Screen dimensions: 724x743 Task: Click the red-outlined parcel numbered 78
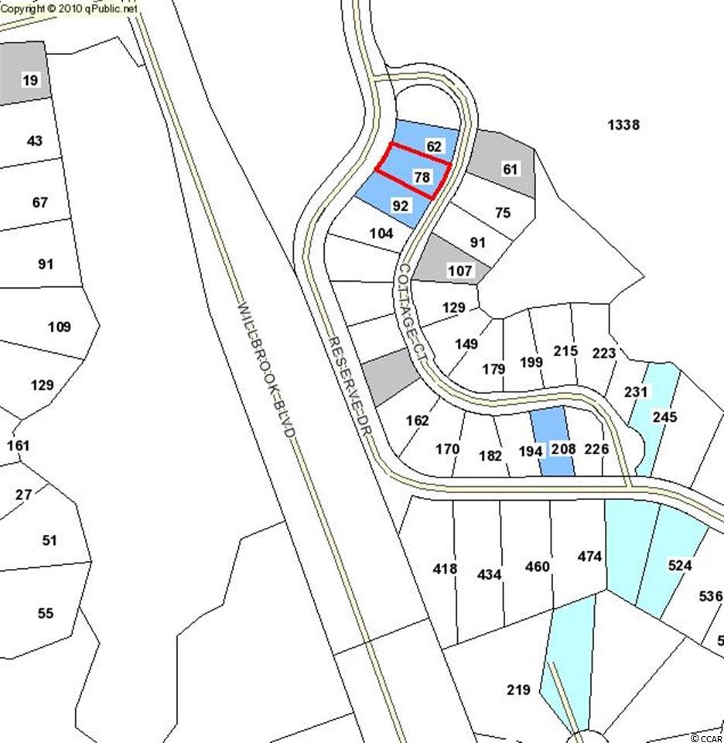point(412,170)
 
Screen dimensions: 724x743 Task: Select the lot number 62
point(434,146)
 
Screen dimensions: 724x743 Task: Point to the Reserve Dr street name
point(350,388)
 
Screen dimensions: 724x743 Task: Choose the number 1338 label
point(623,125)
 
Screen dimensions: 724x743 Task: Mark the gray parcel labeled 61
point(503,164)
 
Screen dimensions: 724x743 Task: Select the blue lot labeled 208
point(552,440)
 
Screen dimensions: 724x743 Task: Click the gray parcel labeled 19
point(25,73)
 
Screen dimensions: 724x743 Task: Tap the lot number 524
point(680,565)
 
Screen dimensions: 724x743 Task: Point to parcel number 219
point(518,690)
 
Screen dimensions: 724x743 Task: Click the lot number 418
point(445,568)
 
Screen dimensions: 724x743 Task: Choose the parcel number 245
point(664,417)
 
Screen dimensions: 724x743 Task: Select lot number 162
point(417,420)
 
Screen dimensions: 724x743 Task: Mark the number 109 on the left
point(60,327)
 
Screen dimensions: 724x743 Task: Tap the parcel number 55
point(46,613)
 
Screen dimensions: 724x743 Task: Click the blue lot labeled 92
point(394,200)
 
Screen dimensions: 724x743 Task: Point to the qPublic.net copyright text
point(69,8)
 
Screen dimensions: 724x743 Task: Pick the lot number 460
point(538,567)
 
